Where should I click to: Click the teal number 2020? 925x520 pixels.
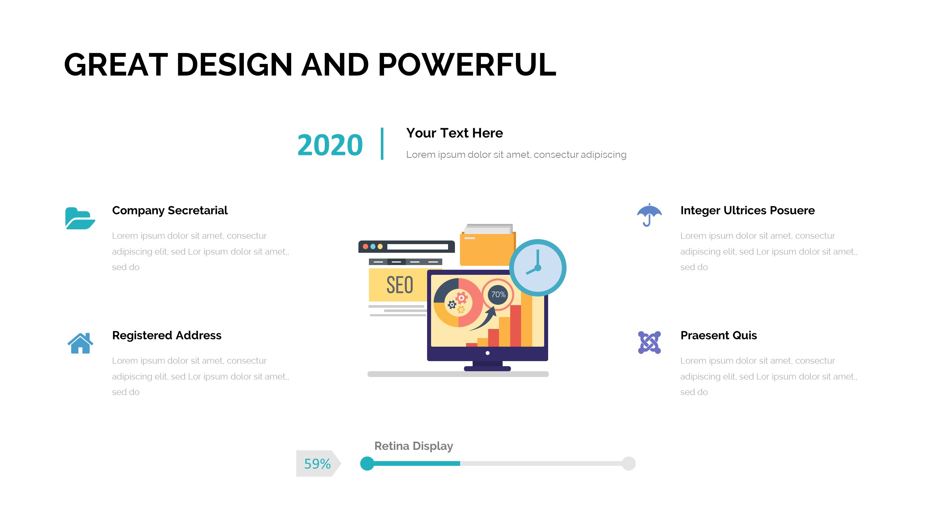click(330, 145)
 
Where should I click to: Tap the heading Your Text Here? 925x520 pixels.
click(455, 133)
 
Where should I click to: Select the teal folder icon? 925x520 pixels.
click(80, 218)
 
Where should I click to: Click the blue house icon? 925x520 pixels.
click(80, 343)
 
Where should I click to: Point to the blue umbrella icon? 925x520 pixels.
click(649, 215)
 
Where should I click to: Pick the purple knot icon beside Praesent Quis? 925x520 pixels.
click(649, 342)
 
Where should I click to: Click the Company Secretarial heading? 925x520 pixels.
click(170, 211)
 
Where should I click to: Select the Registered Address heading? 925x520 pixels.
click(167, 335)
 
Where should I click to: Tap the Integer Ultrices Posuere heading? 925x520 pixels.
click(748, 211)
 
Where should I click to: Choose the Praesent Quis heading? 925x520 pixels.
click(719, 335)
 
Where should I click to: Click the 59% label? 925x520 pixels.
click(317, 464)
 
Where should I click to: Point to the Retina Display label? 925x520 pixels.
click(414, 446)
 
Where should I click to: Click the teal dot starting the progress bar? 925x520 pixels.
click(367, 464)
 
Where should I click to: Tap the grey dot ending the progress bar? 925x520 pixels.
click(629, 464)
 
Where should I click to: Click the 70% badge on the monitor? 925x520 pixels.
click(498, 295)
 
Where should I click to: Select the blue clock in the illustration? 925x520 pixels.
click(538, 268)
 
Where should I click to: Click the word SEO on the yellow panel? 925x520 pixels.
click(400, 285)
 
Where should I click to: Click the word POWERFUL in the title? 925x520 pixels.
click(467, 65)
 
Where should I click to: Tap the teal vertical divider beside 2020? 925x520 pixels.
click(382, 143)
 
